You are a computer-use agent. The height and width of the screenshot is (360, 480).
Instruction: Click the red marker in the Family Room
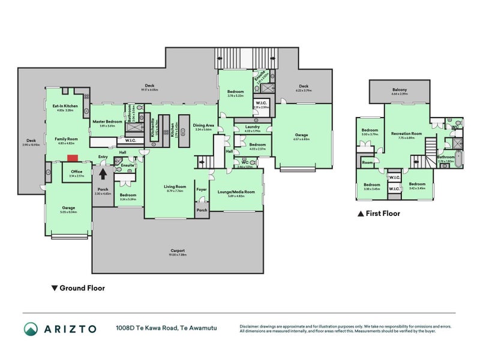(72, 158)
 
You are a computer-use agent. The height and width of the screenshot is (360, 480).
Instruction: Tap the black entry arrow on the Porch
(103, 173)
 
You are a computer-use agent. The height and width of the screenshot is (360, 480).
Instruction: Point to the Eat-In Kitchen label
(64, 106)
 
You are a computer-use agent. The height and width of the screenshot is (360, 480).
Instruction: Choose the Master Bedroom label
(107, 122)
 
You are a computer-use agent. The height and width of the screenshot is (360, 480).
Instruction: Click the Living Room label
(175, 187)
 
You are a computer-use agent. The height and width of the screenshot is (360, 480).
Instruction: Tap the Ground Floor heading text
(82, 288)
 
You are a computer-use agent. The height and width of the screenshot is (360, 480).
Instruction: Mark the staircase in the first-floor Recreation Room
(431, 146)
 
